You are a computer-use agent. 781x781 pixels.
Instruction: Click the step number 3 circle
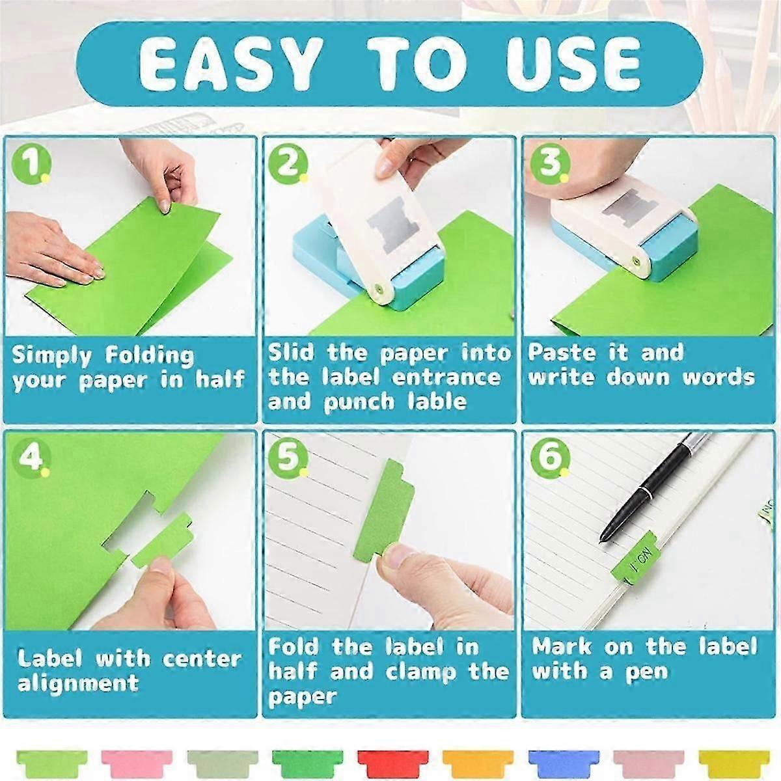(x=550, y=163)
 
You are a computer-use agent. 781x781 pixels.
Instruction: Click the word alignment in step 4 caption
(x=78, y=683)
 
